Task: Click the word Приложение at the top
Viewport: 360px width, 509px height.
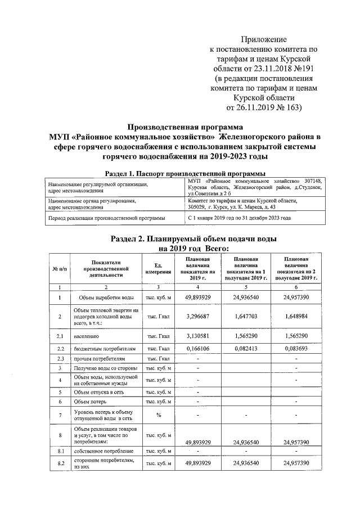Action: [263, 39]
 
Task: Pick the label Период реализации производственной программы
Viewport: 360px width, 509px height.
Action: [107, 217]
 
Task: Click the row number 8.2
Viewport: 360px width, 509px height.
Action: [60, 463]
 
